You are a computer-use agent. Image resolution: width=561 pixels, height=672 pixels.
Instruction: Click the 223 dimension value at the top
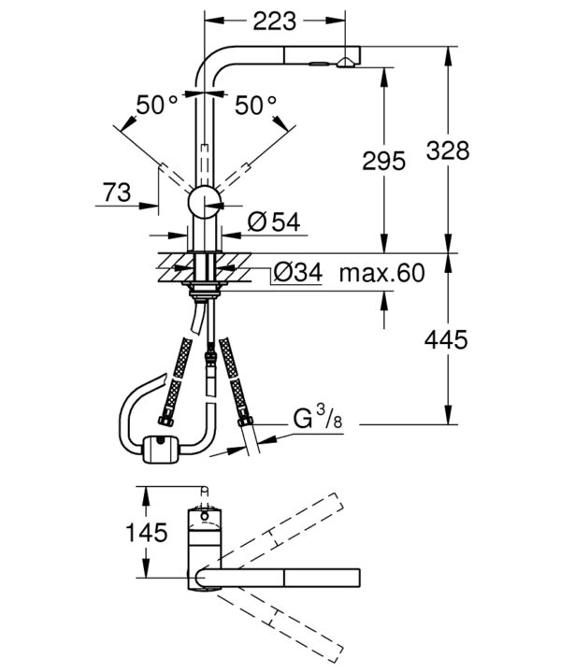275,21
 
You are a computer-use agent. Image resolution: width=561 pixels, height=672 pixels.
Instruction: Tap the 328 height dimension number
448,150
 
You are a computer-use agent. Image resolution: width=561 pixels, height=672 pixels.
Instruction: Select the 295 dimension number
384,161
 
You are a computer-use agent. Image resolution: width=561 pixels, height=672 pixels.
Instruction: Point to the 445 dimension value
446,340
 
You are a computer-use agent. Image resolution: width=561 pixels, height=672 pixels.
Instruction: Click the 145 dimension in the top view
146,533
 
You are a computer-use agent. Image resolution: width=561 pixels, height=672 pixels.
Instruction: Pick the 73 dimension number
117,192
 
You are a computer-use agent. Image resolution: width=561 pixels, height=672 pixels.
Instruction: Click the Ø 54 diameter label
274,222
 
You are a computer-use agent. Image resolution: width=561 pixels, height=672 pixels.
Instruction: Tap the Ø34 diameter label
297,272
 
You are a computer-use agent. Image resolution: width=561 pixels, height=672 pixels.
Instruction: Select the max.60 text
382,273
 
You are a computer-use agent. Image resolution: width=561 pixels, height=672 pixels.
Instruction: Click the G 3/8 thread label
318,419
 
